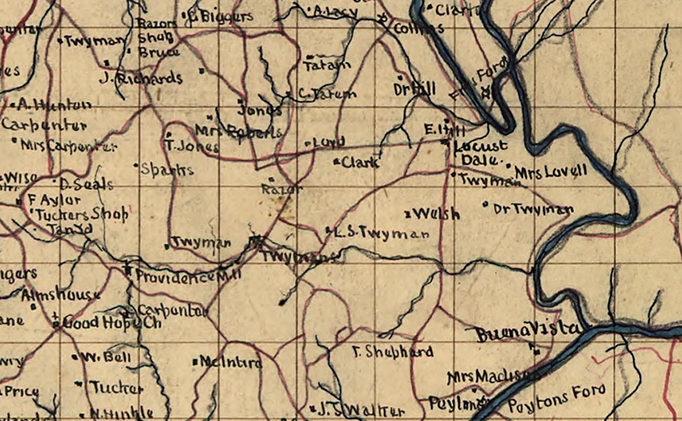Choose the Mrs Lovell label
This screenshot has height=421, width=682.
[x=550, y=172]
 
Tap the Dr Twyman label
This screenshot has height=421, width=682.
[x=533, y=209]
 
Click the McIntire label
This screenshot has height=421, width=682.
[x=231, y=363]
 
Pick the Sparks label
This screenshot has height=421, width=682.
[x=167, y=169]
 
